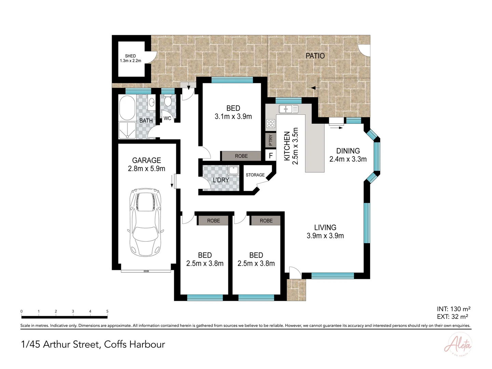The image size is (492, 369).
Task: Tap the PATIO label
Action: point(315,56)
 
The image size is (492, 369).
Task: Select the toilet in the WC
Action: point(167,101)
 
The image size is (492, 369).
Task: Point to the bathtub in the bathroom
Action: point(127,107)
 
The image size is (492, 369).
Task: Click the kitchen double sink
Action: point(288,109)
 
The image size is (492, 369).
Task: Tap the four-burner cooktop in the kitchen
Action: point(271,123)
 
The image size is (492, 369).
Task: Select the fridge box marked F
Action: point(271,156)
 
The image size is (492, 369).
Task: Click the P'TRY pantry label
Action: point(271,140)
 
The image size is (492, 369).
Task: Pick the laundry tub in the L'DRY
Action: point(233,170)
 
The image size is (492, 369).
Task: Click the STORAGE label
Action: point(255,175)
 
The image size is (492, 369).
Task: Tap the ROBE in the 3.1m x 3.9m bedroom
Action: point(241,156)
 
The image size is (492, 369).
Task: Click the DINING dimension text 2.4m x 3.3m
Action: point(348,159)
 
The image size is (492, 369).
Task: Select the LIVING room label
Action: point(325,228)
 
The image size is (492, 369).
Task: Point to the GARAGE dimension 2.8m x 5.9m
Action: point(147,169)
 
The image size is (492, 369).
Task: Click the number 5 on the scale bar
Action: point(107,311)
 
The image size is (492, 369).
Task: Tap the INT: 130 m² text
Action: point(453,309)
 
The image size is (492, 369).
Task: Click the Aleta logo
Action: point(458,345)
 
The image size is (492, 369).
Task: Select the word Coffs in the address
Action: point(115,344)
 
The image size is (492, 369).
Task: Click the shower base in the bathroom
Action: point(127,131)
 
